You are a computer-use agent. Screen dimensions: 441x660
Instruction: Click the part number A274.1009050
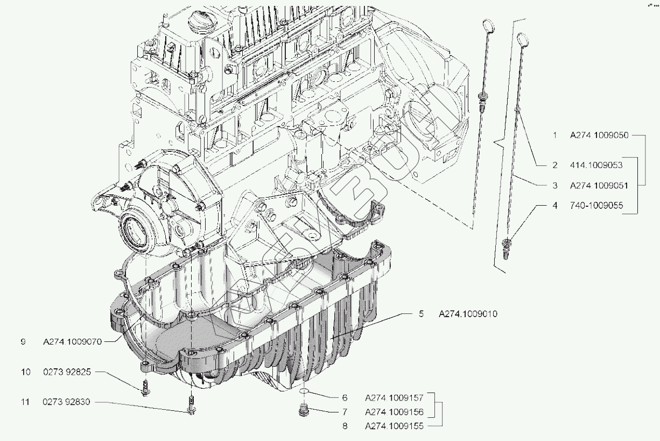point(599,136)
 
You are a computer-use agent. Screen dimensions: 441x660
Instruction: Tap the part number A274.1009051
point(599,185)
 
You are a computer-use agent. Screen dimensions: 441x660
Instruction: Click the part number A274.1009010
point(468,314)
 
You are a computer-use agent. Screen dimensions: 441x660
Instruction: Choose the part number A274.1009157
point(394,398)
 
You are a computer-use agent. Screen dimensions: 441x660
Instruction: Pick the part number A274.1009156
point(394,412)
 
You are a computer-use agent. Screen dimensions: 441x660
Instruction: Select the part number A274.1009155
point(394,426)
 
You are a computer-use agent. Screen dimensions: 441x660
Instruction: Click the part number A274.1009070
point(73,341)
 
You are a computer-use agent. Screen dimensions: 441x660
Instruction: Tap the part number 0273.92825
point(68,372)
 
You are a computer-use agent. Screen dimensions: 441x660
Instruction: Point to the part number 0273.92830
point(68,402)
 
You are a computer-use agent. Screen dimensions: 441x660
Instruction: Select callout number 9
point(23,341)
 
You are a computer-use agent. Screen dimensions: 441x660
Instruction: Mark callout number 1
point(555,136)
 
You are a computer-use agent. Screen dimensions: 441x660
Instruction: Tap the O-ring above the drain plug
point(304,391)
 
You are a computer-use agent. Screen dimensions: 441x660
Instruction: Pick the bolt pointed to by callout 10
point(146,388)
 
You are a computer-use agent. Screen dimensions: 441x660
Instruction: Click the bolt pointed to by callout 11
point(191,405)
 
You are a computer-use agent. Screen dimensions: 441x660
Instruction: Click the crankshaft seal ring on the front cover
point(135,231)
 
